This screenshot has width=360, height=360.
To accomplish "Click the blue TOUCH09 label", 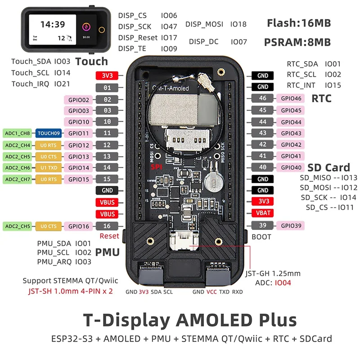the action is click(48, 133).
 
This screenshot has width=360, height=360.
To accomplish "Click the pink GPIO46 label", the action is click(291, 98).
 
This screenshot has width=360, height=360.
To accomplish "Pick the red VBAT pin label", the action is click(263, 213).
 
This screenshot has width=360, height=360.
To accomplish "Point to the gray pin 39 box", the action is click(263, 225).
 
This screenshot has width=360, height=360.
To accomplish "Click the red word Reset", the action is click(109, 236).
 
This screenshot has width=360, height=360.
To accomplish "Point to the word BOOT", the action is click(261, 236).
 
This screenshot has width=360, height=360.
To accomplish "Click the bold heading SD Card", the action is click(328, 168).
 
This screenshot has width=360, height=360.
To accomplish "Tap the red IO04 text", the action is click(283, 283).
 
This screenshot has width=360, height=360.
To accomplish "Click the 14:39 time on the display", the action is click(53, 24).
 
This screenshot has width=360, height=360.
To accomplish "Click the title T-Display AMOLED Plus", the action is click(190, 320).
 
